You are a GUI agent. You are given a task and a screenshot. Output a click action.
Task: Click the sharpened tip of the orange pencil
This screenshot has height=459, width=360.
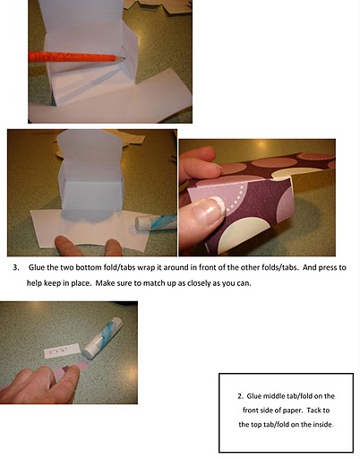point(124,59)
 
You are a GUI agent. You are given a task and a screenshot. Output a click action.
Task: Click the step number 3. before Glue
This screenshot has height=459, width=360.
point(16,267)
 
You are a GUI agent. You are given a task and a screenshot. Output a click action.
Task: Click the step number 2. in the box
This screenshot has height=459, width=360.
point(241,396)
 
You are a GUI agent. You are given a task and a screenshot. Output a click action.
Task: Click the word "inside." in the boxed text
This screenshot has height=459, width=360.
point(323,424)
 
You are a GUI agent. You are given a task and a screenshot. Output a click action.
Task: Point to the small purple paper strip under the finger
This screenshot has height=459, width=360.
point(72,369)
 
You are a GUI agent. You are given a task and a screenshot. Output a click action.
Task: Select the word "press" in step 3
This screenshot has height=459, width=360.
point(328,267)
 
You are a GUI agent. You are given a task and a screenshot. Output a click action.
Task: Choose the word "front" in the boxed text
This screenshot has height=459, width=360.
point(250,411)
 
